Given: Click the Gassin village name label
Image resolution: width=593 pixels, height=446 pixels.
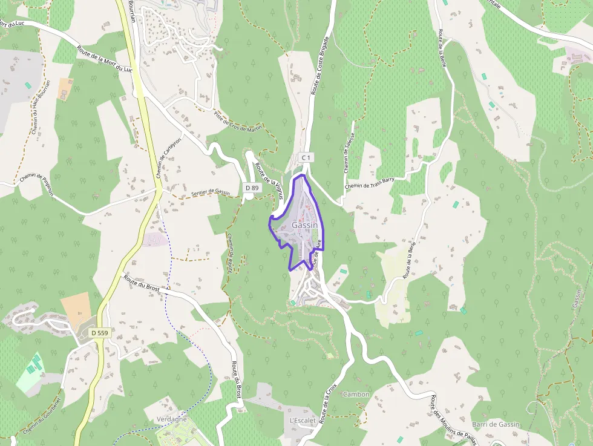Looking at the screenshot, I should (304, 225).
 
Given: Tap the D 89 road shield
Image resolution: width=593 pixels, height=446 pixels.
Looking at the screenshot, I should (252, 188).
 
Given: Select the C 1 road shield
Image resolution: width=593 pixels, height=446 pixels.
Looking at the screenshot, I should (306, 157).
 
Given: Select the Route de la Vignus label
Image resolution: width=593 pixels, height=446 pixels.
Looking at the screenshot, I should (269, 177).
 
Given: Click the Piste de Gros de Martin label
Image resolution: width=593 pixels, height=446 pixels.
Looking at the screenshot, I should (240, 123).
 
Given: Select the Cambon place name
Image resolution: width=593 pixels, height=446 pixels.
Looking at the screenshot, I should (356, 395).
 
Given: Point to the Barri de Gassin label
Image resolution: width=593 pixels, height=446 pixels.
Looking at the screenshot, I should (496, 424).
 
